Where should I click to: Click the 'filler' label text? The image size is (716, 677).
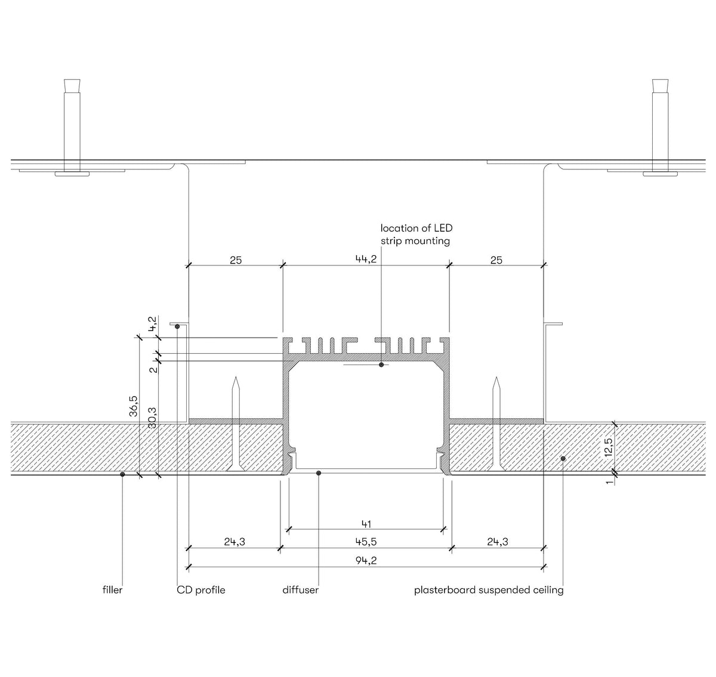pos(112,590)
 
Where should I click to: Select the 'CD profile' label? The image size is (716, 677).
pos(201,590)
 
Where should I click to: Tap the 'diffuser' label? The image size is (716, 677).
pos(300,590)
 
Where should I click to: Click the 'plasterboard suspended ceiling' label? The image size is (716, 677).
pos(489,590)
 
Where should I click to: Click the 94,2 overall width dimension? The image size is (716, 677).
pos(366,560)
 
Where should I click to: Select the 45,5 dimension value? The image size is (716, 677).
pos(366,542)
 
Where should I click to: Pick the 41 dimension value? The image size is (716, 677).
pos(366,524)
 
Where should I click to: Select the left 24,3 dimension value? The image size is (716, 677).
pos(234,542)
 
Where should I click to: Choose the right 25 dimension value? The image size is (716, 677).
pos(496,259)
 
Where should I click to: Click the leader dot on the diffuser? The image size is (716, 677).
pos(319,473)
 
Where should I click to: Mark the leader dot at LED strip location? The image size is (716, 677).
pos(381,364)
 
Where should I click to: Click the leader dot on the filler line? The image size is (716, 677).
pos(122,474)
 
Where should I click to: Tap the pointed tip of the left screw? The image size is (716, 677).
pos(237,378)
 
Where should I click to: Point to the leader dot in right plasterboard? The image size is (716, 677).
pos(563,457)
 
